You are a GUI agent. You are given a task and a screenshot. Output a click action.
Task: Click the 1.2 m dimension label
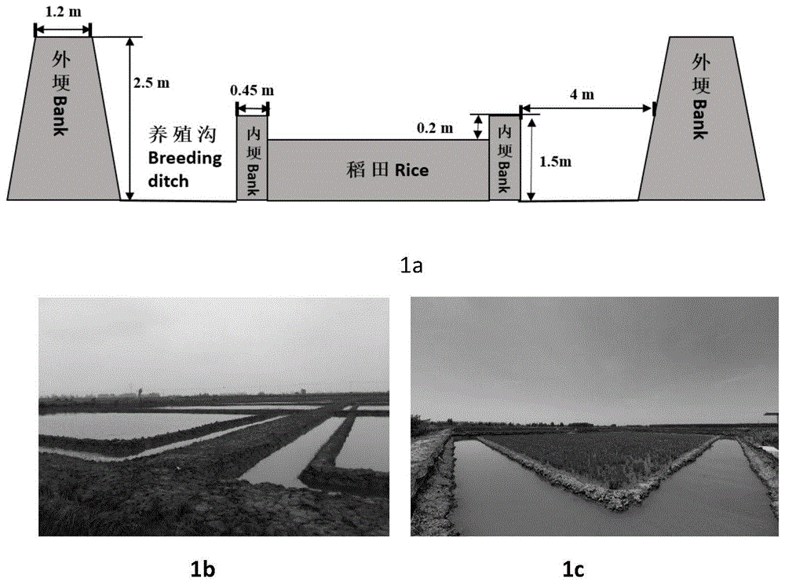coord(63,13)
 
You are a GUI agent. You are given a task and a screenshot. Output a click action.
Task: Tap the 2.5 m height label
coord(152,82)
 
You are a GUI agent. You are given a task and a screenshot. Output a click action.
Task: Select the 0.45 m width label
coord(251,90)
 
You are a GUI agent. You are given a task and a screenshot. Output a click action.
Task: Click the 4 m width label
coord(588,94)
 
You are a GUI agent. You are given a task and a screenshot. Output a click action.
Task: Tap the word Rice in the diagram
coord(411,169)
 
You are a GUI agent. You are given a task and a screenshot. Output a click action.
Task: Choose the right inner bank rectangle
coord(504,157)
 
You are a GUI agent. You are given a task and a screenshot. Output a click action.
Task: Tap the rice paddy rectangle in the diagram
coord(378,169)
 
